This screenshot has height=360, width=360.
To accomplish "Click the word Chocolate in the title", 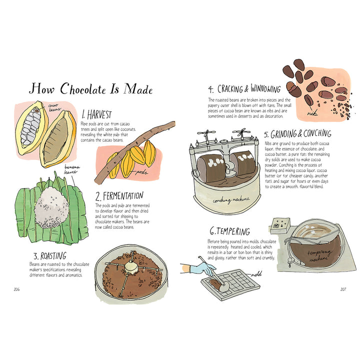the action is pos(83,88).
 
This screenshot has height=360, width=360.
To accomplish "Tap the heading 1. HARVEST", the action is pos(96,114).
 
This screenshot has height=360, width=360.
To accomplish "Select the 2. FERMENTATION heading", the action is pos(119,196).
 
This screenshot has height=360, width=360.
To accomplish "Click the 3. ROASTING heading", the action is pos(50,256).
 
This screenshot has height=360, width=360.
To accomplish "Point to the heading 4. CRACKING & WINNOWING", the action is pos(244,88).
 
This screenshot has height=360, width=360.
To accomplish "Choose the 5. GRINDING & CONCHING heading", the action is pos(297,134).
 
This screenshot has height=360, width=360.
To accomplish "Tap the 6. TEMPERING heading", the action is pos(229,231).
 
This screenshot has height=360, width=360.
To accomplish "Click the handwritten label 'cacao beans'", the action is pos(54,107).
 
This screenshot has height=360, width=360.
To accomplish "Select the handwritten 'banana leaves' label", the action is pos(71,169).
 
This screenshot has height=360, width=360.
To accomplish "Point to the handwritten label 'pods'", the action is pos(141,172).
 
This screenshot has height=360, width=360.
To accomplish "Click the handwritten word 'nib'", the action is pos(312,112).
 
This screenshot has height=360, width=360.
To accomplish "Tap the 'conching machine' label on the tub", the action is pos(231,200).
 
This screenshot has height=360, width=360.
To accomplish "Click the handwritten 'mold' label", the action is pos(256,274).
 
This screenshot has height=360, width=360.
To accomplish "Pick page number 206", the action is pos(16,289).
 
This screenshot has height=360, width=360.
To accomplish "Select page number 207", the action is pos(343,289).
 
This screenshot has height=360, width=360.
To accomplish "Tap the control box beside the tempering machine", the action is pos(279,225).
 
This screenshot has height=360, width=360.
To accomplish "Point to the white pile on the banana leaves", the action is pos(51,207).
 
